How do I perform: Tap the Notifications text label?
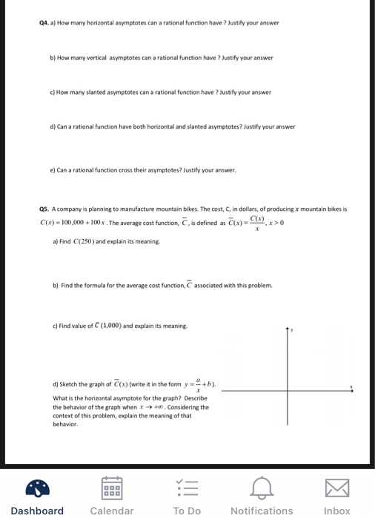tap(262, 511)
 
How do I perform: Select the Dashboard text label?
tap(37, 511)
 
